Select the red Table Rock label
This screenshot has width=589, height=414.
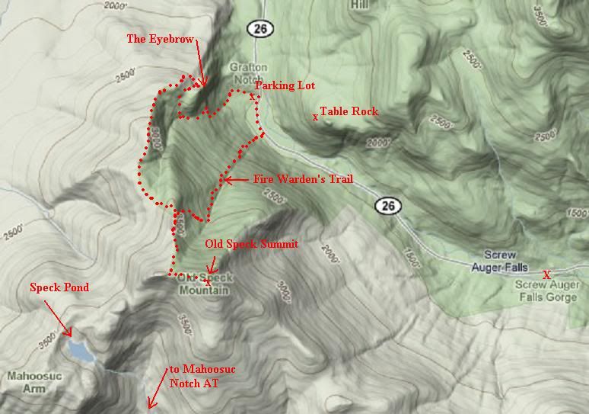coord(349,111)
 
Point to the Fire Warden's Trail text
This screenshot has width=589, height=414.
coord(303,179)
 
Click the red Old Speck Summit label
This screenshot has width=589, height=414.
coord(252,244)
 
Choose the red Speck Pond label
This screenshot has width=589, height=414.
coord(59,287)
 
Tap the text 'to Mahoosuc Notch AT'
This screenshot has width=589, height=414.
coord(202,376)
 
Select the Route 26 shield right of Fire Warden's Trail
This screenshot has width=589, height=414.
coord(387,205)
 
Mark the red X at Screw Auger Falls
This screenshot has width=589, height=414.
coord(546,274)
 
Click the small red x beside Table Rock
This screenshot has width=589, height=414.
coord(315,117)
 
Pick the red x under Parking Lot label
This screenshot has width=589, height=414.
coord(252,96)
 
